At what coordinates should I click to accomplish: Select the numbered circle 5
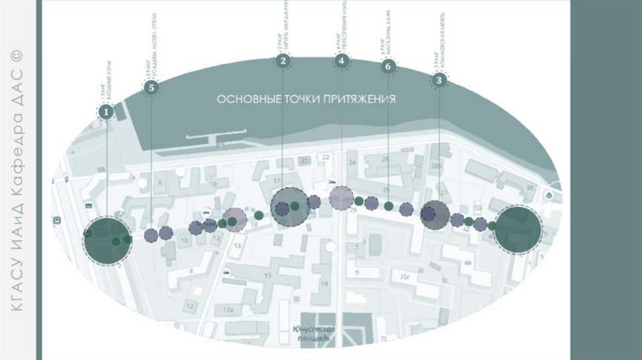[x=151, y=88]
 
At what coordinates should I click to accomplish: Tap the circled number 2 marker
[x=283, y=61]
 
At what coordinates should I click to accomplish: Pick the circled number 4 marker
[x=341, y=61]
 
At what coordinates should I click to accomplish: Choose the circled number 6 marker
[x=389, y=66]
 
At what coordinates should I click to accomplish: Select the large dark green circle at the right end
[x=518, y=230]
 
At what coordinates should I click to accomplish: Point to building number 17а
[x=227, y=310]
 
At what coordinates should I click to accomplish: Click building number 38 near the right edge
[x=530, y=187]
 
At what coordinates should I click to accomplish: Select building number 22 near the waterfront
[x=325, y=156]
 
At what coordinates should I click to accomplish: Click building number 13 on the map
[x=237, y=246]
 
